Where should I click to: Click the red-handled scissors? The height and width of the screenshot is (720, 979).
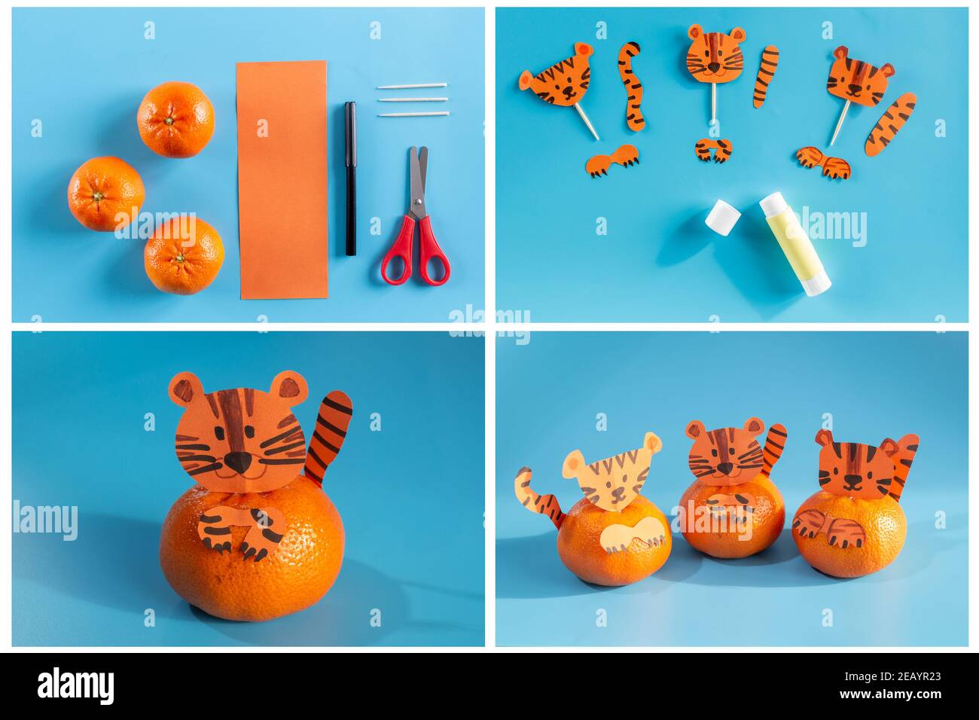[415, 226]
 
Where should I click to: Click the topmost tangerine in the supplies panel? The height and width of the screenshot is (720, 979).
[175, 119]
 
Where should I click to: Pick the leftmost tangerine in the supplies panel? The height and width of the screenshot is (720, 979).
[105, 194]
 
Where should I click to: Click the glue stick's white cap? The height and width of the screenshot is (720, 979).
[723, 216]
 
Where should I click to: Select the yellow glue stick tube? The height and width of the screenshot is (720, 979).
[794, 244]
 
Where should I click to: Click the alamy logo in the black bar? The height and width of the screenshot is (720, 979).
[75, 685]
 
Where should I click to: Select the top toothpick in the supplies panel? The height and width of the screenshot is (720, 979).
[413, 87]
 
